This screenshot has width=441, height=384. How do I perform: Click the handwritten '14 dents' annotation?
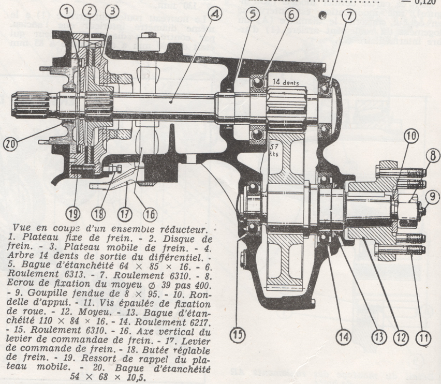pyautogui.click(x=286, y=81)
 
